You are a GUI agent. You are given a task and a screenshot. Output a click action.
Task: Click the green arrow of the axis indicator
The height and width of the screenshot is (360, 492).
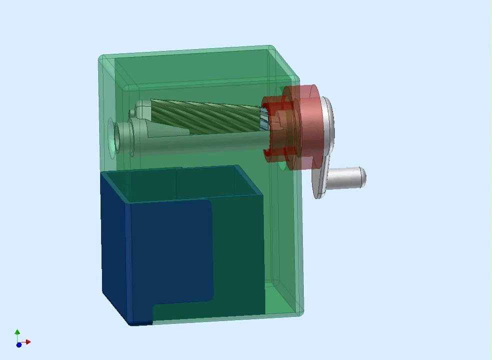coord(17,332)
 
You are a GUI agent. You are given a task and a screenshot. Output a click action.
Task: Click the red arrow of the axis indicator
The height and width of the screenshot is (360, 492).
coord(28,342)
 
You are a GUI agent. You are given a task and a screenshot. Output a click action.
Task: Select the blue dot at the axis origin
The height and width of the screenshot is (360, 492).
coord(19,344)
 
